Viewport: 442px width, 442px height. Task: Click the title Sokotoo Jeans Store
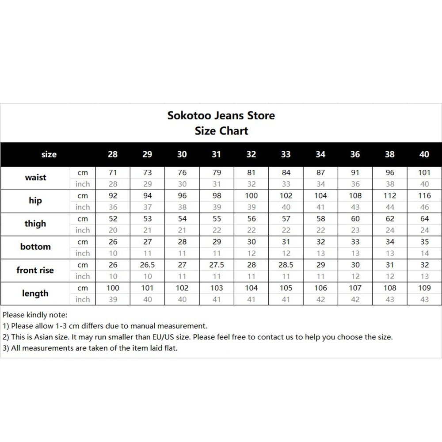[x=221, y=116]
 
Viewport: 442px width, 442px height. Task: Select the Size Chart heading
[x=221, y=131]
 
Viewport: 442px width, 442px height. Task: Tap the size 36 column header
[x=355, y=154]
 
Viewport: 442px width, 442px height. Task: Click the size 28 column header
[x=113, y=154]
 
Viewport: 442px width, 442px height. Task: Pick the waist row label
[x=35, y=178]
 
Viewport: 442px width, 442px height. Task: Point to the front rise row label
[x=35, y=270]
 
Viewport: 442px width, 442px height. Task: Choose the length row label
[x=35, y=293]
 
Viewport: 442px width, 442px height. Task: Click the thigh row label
[x=35, y=224]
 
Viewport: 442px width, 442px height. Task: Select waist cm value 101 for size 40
[x=424, y=173]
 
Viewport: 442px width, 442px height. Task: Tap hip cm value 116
[x=424, y=196]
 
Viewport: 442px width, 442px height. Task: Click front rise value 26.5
[x=148, y=265]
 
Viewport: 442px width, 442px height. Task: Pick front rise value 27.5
[x=217, y=265]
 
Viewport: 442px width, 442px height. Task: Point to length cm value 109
[x=424, y=288]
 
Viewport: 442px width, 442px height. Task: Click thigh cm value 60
[x=355, y=219]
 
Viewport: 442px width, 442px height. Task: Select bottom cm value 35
[x=424, y=242]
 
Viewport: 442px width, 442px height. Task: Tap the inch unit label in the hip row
[x=83, y=207]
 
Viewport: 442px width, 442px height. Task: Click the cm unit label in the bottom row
[x=83, y=242]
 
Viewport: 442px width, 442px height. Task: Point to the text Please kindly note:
[x=35, y=315]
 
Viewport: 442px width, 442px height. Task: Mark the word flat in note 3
[x=169, y=348]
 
